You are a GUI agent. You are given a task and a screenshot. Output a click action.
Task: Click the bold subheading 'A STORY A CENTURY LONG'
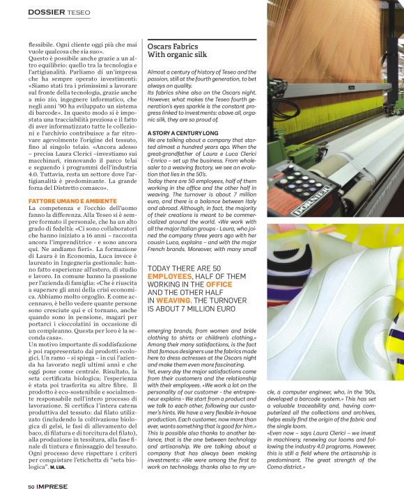coord(182,132)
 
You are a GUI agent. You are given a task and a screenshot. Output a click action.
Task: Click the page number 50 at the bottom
coord(31,487)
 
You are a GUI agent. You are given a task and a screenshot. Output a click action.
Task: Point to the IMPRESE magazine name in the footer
coord(53,487)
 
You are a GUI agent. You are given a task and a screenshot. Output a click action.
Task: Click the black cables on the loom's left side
coord(279,104)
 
